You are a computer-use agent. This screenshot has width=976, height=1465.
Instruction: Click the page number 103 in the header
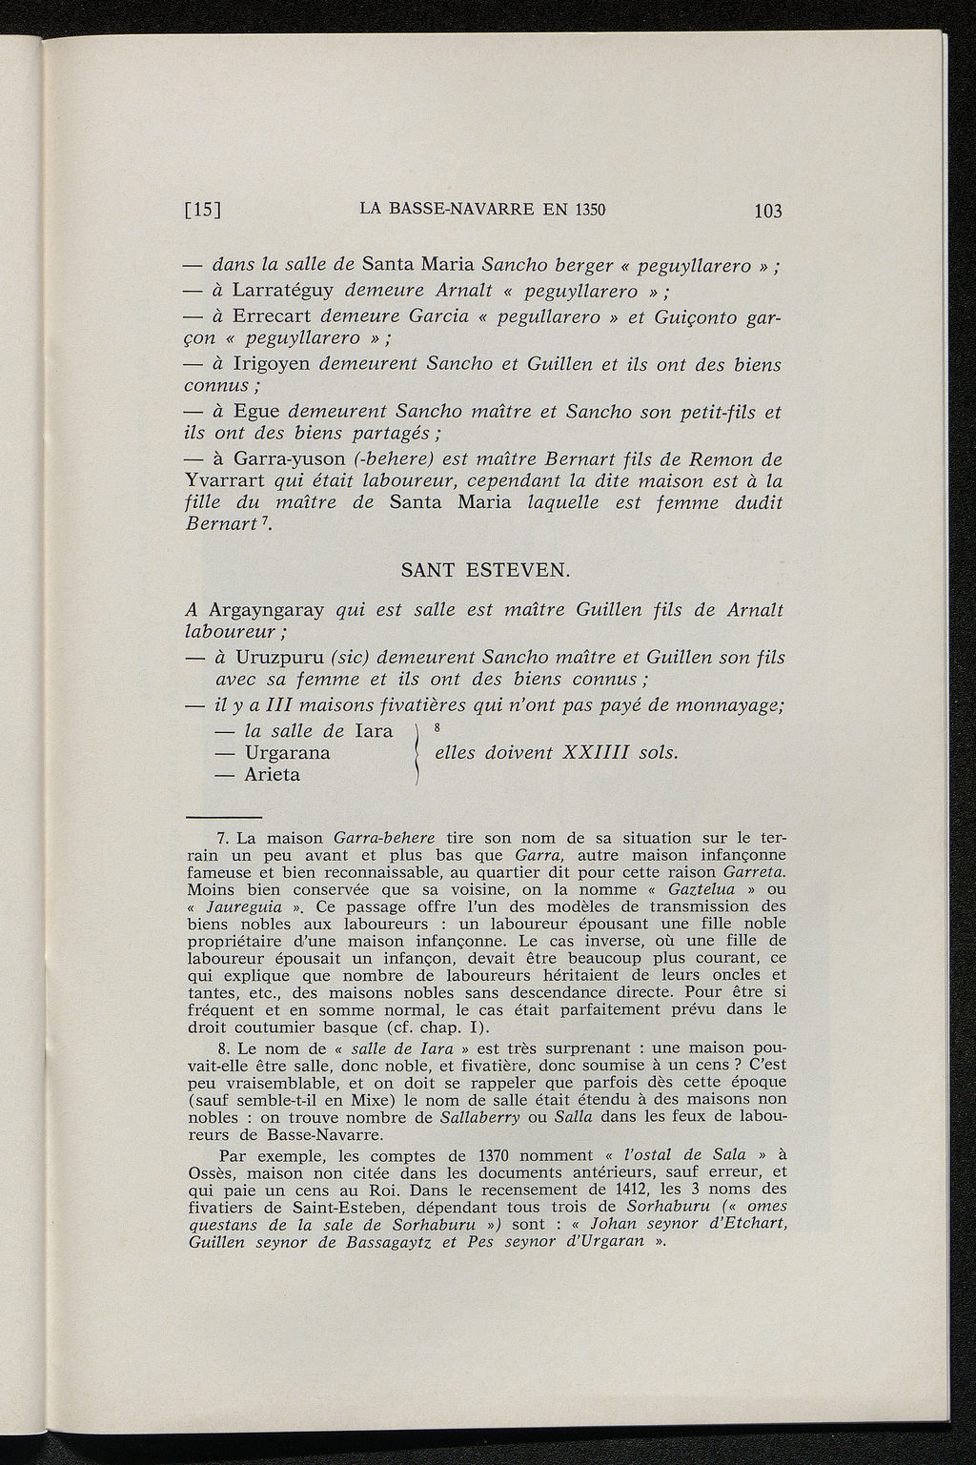tap(766, 211)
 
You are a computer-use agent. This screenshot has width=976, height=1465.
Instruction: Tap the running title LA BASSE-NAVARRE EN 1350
tap(484, 210)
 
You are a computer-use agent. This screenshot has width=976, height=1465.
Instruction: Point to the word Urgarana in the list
tap(287, 753)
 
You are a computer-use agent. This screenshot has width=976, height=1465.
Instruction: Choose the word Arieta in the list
tap(272, 775)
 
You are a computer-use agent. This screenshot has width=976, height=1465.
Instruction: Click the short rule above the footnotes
tap(223, 817)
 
